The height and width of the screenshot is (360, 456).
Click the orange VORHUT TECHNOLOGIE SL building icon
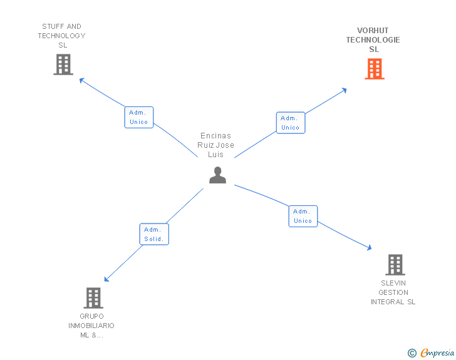click(375, 69)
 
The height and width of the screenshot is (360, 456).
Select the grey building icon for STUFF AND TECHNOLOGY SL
click(63, 64)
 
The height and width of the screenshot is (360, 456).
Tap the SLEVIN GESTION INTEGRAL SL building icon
click(395, 265)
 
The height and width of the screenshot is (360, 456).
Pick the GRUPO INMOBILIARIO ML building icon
click(93, 298)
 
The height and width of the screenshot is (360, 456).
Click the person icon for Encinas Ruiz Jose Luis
click(217, 175)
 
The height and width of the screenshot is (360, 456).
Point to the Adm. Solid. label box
click(154, 234)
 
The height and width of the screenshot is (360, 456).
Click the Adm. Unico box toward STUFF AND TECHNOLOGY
click(139, 117)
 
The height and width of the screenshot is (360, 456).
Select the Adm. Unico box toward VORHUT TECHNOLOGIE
click(291, 123)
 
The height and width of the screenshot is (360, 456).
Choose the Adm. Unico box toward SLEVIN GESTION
click(303, 216)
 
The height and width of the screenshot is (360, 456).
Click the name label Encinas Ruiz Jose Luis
click(217, 145)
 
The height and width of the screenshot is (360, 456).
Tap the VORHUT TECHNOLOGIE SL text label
click(373, 40)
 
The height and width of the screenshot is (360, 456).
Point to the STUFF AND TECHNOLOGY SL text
click(61, 36)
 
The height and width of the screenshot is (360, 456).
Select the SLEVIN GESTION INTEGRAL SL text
click(393, 292)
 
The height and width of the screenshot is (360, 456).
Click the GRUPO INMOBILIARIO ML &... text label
click(91, 326)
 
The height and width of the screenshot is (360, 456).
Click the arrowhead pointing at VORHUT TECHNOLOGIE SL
click(344, 90)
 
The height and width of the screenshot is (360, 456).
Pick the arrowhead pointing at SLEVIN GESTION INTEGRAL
click(369, 248)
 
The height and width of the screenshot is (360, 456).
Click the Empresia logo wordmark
click(437, 353)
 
